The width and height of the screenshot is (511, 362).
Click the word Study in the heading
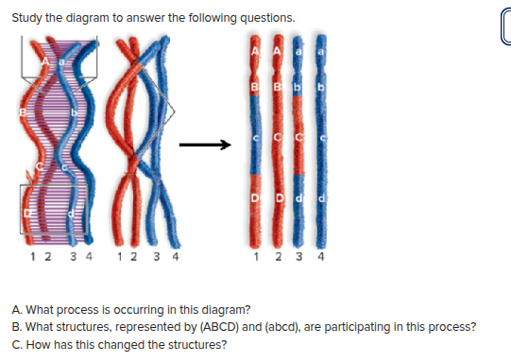coord(28,18)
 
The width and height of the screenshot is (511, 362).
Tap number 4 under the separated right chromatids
coord(322,255)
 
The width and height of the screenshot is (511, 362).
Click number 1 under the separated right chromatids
coord(257,255)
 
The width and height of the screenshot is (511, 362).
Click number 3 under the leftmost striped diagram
coord(60,255)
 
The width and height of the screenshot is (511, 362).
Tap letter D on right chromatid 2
coord(276,195)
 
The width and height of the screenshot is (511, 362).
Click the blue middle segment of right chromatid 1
coord(256,156)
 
